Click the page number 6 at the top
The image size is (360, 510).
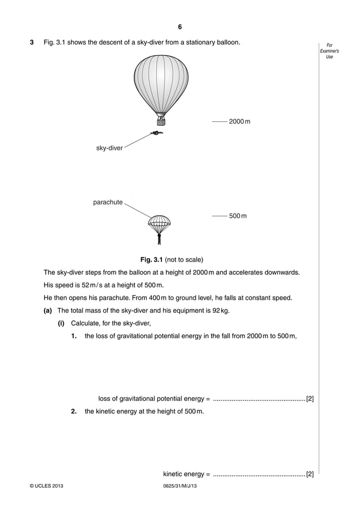point(179,27)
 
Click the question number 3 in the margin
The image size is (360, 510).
point(32,43)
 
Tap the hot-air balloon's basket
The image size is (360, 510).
point(161,121)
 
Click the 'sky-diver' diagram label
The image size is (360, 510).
point(109,148)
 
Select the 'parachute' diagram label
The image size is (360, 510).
point(108,202)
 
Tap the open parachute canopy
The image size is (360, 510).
point(159,221)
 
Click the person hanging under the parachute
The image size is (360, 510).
point(159,238)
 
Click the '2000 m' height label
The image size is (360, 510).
point(240,121)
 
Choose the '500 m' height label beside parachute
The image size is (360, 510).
point(238,216)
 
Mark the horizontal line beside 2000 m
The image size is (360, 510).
point(219,121)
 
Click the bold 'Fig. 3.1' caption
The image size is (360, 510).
point(151,259)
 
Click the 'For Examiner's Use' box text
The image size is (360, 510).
point(330,51)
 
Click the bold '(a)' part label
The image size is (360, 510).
point(48,310)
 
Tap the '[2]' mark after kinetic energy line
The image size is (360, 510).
point(310,473)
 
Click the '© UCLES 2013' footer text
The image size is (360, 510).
point(47,486)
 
